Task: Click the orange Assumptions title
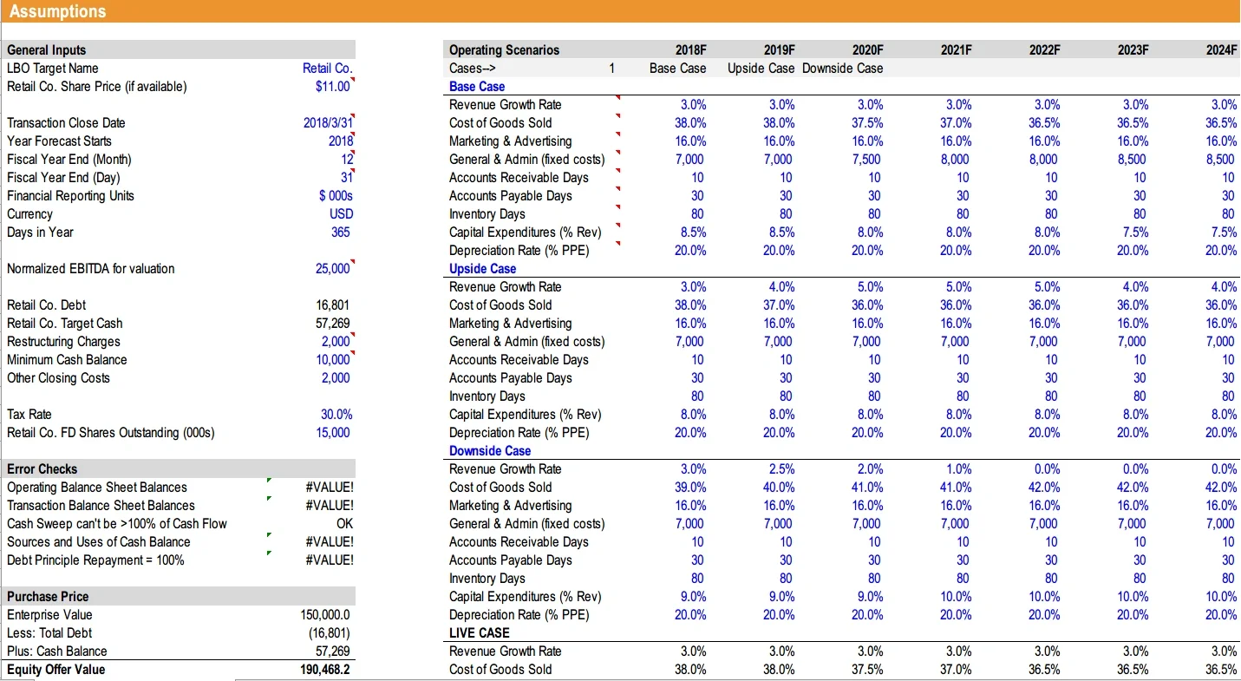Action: pos(57,11)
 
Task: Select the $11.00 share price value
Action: pos(333,86)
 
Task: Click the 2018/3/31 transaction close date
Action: pos(327,122)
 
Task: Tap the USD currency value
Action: pos(341,213)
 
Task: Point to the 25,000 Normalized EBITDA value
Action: pos(332,268)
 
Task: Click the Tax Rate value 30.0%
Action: pos(336,414)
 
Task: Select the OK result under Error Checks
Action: pos(344,523)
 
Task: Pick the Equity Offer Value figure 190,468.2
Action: pos(325,669)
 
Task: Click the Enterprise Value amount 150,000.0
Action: pos(325,614)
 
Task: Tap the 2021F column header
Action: pos(956,49)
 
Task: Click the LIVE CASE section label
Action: pos(479,632)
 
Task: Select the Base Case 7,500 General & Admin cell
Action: pos(867,159)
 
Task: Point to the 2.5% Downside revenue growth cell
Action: pos(781,468)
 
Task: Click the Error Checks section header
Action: pos(42,468)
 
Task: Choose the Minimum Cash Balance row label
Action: pos(67,359)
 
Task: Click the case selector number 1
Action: pos(611,68)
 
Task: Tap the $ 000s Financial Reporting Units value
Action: pos(336,195)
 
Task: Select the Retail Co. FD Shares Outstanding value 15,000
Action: pos(334,432)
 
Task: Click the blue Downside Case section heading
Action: pos(489,450)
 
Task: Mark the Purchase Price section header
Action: pos(48,596)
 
